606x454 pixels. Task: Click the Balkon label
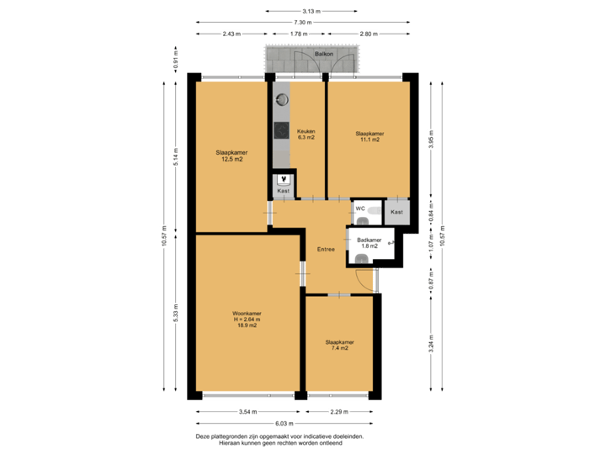point(324,53)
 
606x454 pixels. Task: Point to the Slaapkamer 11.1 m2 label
point(369,136)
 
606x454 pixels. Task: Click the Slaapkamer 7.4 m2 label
point(339,345)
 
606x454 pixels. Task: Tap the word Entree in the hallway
point(326,249)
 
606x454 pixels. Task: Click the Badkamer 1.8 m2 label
point(369,243)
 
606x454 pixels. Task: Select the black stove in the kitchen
point(280,130)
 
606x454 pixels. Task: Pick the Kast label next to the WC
point(396,212)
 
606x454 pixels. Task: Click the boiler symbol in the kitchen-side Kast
point(284,179)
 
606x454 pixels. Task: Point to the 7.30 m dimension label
point(299,22)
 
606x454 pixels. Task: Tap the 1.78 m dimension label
point(296,34)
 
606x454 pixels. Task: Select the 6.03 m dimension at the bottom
point(287,424)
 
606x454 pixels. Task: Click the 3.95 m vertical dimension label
point(431,138)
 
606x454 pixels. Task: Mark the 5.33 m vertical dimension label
point(175,313)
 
